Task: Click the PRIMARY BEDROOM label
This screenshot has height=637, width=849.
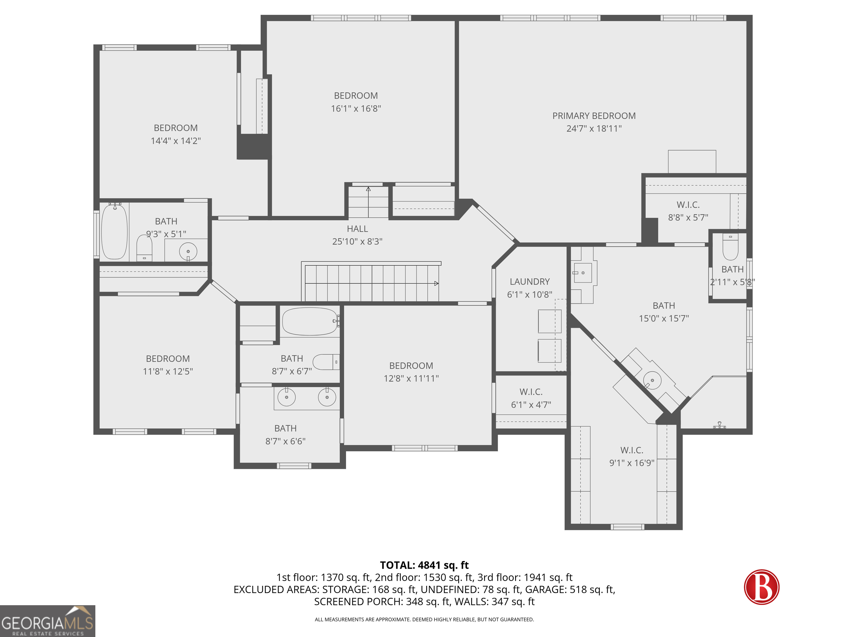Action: click(594, 116)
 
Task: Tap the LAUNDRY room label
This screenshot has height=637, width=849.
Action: click(530, 281)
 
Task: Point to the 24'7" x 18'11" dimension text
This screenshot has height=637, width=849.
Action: click(594, 129)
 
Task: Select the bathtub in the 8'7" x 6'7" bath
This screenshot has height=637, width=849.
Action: click(310, 321)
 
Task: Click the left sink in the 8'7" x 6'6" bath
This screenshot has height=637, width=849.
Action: click(286, 397)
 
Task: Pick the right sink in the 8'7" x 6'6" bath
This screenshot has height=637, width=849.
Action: click(327, 397)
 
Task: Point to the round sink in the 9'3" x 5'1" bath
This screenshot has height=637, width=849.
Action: click(188, 252)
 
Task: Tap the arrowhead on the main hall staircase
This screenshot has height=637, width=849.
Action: click(436, 283)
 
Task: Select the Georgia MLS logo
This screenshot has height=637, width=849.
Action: click(48, 621)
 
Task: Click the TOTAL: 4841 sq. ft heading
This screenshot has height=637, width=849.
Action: click(424, 565)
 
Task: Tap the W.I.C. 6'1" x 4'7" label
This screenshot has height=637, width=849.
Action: click(531, 398)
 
